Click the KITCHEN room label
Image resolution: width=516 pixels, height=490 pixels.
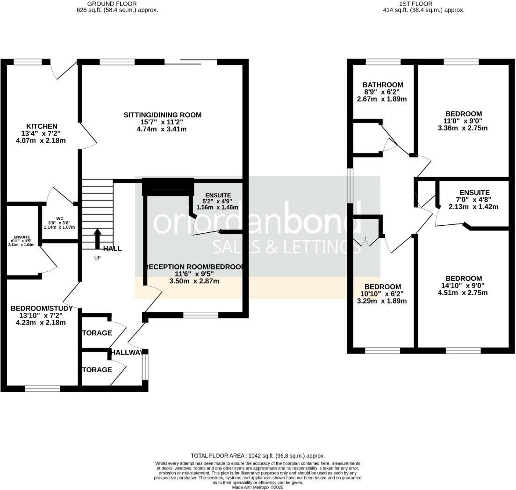42,126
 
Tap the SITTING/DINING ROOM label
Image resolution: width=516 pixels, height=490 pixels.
162,115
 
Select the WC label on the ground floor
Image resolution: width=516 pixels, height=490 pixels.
59,218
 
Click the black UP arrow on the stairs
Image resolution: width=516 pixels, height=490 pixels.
97,238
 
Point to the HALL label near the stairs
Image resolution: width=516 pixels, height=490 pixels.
113,249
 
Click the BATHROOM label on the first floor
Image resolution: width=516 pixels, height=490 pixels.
383,85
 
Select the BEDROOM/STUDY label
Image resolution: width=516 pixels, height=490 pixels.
42,309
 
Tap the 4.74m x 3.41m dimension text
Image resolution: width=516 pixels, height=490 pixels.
162,129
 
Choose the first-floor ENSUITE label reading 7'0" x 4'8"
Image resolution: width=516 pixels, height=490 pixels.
474,192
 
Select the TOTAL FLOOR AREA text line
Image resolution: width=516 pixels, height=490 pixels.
258,455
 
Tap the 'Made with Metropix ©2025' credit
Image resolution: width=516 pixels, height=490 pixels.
258,487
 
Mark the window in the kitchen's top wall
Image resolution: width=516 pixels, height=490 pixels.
28,62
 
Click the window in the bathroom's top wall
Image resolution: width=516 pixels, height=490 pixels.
383,62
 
